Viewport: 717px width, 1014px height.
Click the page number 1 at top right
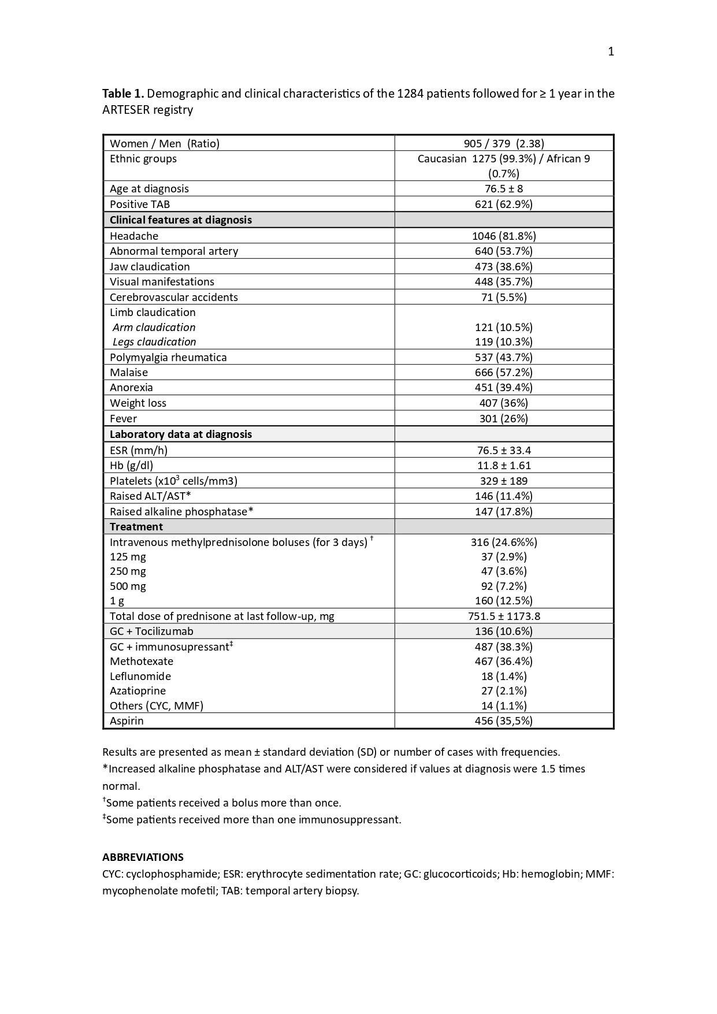pyautogui.click(x=611, y=52)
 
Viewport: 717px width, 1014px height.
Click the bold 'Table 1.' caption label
pyautogui.click(x=123, y=94)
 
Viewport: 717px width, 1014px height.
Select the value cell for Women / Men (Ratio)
pyautogui.click(x=504, y=144)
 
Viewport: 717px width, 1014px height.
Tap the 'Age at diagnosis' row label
pyautogui.click(x=149, y=189)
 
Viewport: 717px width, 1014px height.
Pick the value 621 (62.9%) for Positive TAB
pyautogui.click(x=504, y=205)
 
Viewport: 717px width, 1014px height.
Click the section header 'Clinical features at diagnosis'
pyautogui.click(x=181, y=220)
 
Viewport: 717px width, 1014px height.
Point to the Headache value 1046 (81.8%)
pyautogui.click(x=504, y=236)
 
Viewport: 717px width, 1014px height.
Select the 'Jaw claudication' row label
pyautogui.click(x=150, y=267)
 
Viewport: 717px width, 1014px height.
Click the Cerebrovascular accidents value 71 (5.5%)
pyautogui.click(x=504, y=298)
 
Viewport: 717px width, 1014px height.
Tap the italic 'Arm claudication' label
pyautogui.click(x=154, y=328)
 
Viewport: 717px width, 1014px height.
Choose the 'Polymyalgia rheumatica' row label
pyautogui.click(x=168, y=358)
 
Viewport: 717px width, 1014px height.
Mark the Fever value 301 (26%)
pyautogui.click(x=504, y=419)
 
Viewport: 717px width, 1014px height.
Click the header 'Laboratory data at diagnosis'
pyautogui.click(x=181, y=434)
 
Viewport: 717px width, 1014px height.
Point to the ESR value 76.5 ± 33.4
pyautogui.click(x=504, y=451)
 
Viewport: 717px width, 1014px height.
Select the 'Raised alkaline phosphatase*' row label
pyautogui.click(x=181, y=512)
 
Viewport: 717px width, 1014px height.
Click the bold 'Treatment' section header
pyautogui.click(x=136, y=527)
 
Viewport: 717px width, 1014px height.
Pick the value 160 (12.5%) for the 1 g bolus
pyautogui.click(x=504, y=601)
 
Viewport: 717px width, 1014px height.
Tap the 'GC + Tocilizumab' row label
pyautogui.click(x=151, y=632)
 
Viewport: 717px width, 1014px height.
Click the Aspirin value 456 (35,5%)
pyautogui.click(x=504, y=721)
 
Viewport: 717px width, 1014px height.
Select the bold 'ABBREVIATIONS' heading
pyautogui.click(x=143, y=857)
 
